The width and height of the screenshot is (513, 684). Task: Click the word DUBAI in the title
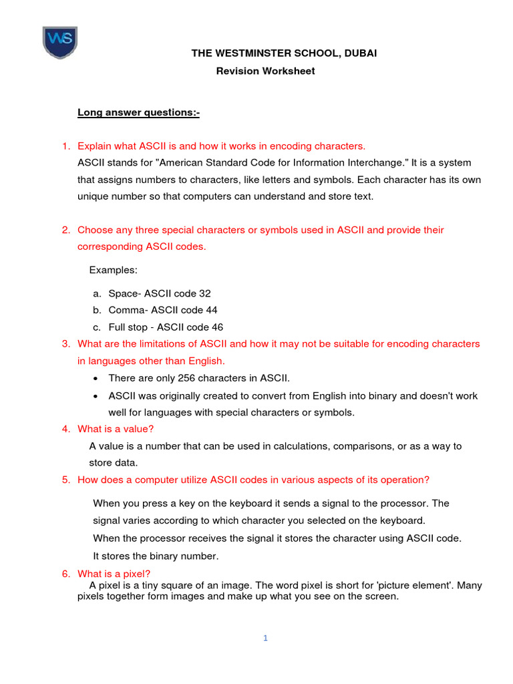361,53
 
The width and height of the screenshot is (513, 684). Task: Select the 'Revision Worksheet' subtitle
265,71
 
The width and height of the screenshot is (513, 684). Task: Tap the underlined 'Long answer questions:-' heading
138,112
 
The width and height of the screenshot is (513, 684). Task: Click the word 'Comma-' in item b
128,310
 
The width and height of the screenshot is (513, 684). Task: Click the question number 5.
65,480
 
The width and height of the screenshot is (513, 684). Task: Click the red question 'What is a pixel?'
114,573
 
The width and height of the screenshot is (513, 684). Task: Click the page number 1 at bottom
265,638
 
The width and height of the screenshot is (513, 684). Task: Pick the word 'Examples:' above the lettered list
113,269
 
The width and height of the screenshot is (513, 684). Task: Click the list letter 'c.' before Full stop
97,327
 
